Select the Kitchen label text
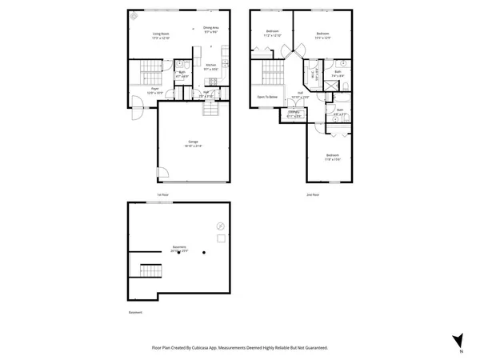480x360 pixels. tap(210, 68)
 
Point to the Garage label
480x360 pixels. tap(194, 144)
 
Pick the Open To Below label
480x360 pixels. tap(266, 97)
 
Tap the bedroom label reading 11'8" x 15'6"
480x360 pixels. tap(332, 158)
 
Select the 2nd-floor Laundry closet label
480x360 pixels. tap(294, 113)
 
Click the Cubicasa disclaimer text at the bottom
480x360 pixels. tap(240, 348)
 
